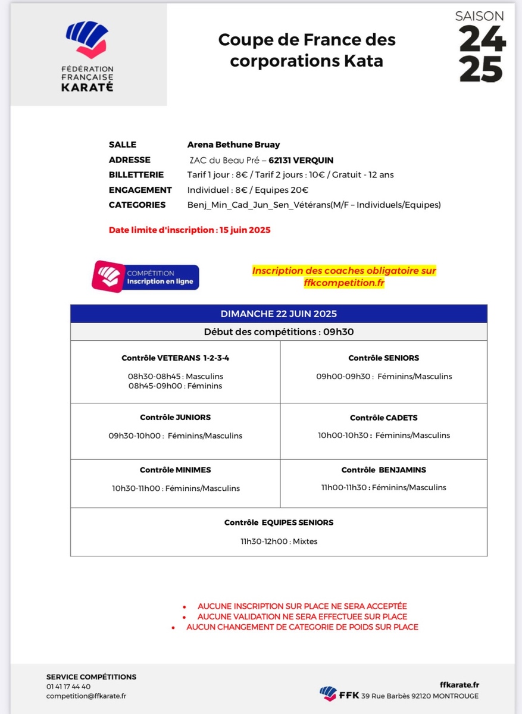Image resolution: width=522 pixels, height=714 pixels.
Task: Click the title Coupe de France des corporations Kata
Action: [307, 50]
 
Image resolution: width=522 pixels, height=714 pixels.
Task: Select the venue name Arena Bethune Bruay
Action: [233, 145]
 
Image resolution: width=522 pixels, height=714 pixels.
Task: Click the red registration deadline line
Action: [189, 230]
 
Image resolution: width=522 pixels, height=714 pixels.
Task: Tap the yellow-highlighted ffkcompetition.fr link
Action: [344, 283]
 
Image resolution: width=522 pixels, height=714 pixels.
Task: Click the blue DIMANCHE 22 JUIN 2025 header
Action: [279, 314]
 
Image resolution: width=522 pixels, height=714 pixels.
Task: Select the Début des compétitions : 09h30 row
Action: [279, 332]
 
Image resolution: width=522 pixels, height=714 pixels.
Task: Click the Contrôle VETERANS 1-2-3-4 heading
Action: [176, 358]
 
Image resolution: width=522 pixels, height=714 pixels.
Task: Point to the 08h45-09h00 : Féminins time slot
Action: [175, 386]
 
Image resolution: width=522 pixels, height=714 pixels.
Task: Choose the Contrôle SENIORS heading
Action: [384, 358]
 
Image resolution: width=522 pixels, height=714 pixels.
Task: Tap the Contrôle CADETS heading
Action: [384, 418]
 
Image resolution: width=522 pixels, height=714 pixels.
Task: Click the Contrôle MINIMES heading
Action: [176, 470]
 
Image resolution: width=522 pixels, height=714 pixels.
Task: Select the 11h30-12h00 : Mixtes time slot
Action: [279, 541]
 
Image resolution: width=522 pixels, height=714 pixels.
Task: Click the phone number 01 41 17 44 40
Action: [68, 687]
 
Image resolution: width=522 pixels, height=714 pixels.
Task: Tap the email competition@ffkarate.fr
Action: [86, 696]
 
